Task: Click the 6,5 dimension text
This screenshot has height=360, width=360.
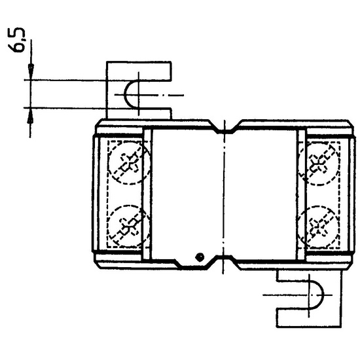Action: pyautogui.click(x=16, y=40)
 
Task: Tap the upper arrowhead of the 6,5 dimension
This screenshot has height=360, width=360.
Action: pyautogui.click(x=31, y=71)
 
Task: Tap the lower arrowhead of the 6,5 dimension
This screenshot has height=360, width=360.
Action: pyautogui.click(x=30, y=115)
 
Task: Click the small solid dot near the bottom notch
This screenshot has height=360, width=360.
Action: pyautogui.click(x=200, y=257)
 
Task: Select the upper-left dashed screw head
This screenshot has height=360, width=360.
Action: pyautogui.click(x=129, y=162)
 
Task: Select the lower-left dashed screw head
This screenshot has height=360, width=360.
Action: pyautogui.click(x=128, y=226)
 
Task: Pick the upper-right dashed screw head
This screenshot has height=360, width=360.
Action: pyautogui.click(x=319, y=163)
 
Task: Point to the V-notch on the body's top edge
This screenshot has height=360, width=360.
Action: pyautogui.click(x=225, y=128)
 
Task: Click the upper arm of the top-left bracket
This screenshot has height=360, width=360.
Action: pyautogui.click(x=139, y=71)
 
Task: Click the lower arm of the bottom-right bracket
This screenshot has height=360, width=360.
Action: pyautogui.click(x=309, y=318)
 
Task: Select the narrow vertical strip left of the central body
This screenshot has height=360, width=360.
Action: pyautogui.click(x=147, y=195)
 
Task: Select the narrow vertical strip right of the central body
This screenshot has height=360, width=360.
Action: pyautogui.click(x=301, y=195)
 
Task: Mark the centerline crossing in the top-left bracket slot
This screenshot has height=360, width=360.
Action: pyautogui.click(x=139, y=95)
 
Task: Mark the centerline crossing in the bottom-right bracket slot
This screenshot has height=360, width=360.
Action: pyautogui.click(x=309, y=295)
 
